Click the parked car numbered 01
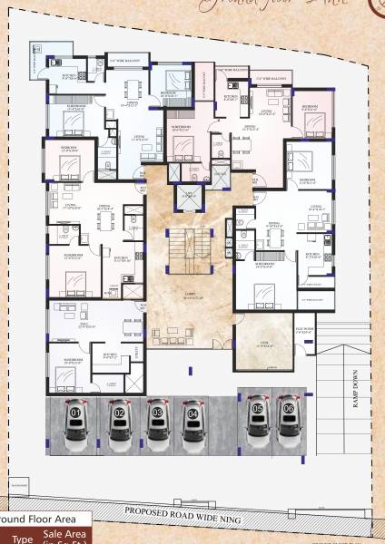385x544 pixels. [76, 426]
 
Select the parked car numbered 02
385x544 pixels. [119, 426]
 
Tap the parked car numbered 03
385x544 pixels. [157, 426]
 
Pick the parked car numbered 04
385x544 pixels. [192, 426]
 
